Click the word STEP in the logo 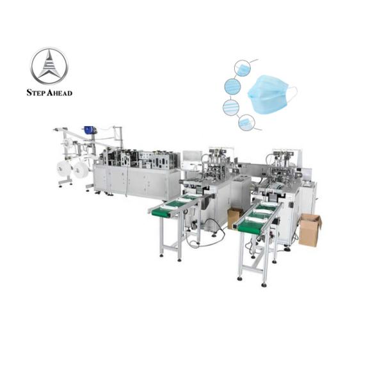[x=36, y=93]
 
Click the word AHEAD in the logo [x=60, y=93]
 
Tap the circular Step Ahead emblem [x=49, y=66]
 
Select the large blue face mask [x=269, y=94]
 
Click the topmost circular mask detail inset [x=243, y=68]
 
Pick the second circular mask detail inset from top [x=232, y=86]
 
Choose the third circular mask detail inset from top [x=231, y=108]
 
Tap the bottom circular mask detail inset [x=246, y=122]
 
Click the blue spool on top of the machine [x=88, y=130]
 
